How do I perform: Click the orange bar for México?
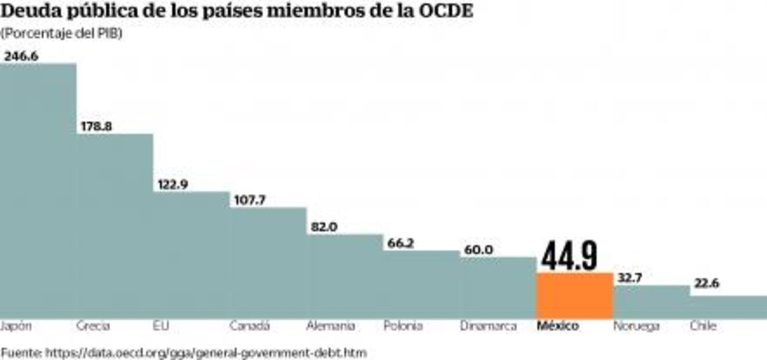(x=574, y=295)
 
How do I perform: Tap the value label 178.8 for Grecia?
(x=96, y=126)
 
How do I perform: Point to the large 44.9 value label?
(x=570, y=256)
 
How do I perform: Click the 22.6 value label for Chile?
(x=706, y=284)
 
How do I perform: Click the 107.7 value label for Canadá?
(x=249, y=200)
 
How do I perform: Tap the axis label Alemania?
(x=330, y=326)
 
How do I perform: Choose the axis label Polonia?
(x=403, y=326)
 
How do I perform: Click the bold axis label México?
(x=557, y=326)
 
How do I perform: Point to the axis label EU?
(x=161, y=326)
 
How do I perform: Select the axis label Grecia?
(x=93, y=326)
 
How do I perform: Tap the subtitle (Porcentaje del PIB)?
(x=62, y=34)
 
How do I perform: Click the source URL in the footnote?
(x=206, y=352)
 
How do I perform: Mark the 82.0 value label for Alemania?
(x=323, y=227)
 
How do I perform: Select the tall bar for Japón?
(x=38, y=192)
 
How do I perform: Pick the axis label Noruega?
(x=636, y=326)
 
